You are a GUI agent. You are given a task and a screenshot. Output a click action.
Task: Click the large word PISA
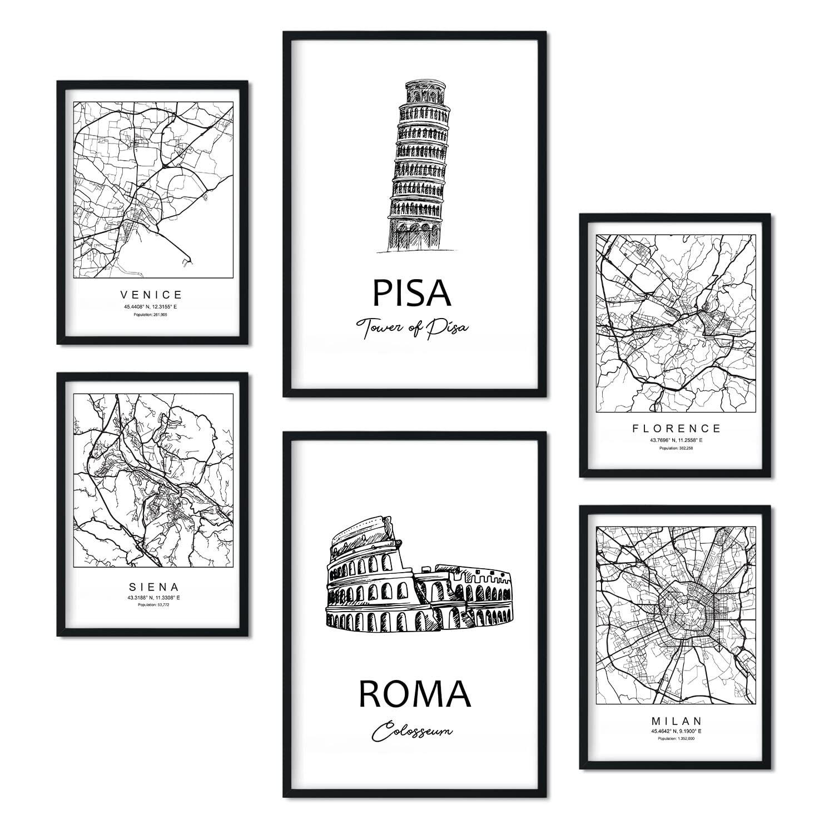[x=411, y=293]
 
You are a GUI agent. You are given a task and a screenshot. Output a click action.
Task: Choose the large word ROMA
[x=415, y=694]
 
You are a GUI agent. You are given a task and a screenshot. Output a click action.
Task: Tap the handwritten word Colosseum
[x=413, y=733]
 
